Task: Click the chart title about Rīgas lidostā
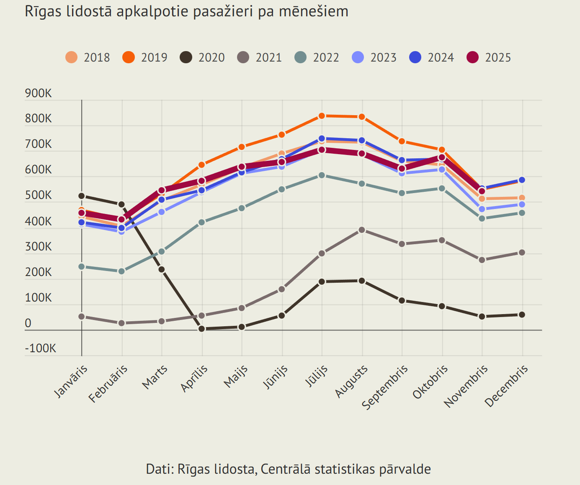(186, 12)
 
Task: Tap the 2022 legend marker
(300, 57)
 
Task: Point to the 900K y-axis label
(39, 93)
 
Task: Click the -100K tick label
(40, 348)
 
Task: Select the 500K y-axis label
(39, 196)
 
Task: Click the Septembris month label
(385, 387)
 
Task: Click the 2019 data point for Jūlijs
(322, 116)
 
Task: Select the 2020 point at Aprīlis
(202, 329)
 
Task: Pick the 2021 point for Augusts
(362, 230)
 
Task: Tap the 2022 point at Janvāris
(82, 266)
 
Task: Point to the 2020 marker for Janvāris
(82, 196)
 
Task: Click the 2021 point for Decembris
(522, 253)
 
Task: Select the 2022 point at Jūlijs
(322, 175)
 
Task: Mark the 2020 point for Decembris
(522, 315)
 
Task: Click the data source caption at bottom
(288, 469)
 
